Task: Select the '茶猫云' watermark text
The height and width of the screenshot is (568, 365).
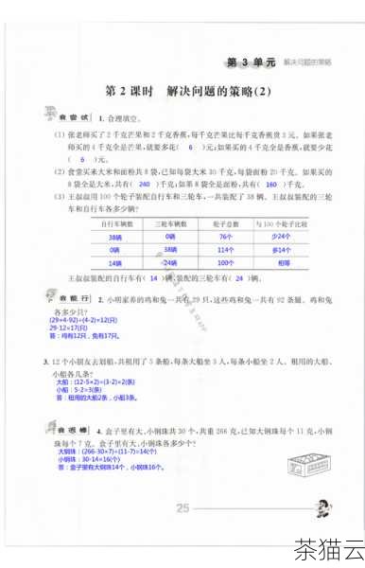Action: pyautogui.click(x=329, y=548)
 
